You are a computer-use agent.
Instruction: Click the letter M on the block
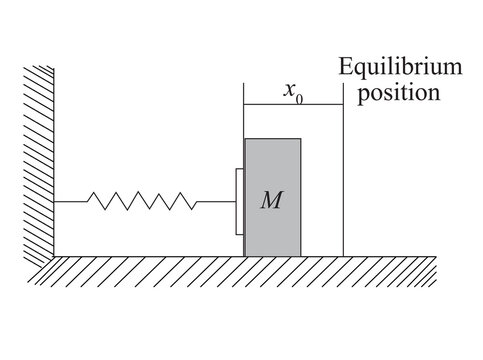271,200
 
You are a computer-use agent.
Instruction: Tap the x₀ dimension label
292,92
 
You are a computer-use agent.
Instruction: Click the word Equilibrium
401,69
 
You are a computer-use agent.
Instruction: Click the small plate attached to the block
240,202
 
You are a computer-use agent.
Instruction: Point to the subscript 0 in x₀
299,96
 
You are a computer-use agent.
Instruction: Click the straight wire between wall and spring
72,202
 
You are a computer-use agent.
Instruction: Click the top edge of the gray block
272,139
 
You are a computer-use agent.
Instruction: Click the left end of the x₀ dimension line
246,105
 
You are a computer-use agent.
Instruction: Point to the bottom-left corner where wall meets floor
55,255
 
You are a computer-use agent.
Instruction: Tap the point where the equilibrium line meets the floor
343,255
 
